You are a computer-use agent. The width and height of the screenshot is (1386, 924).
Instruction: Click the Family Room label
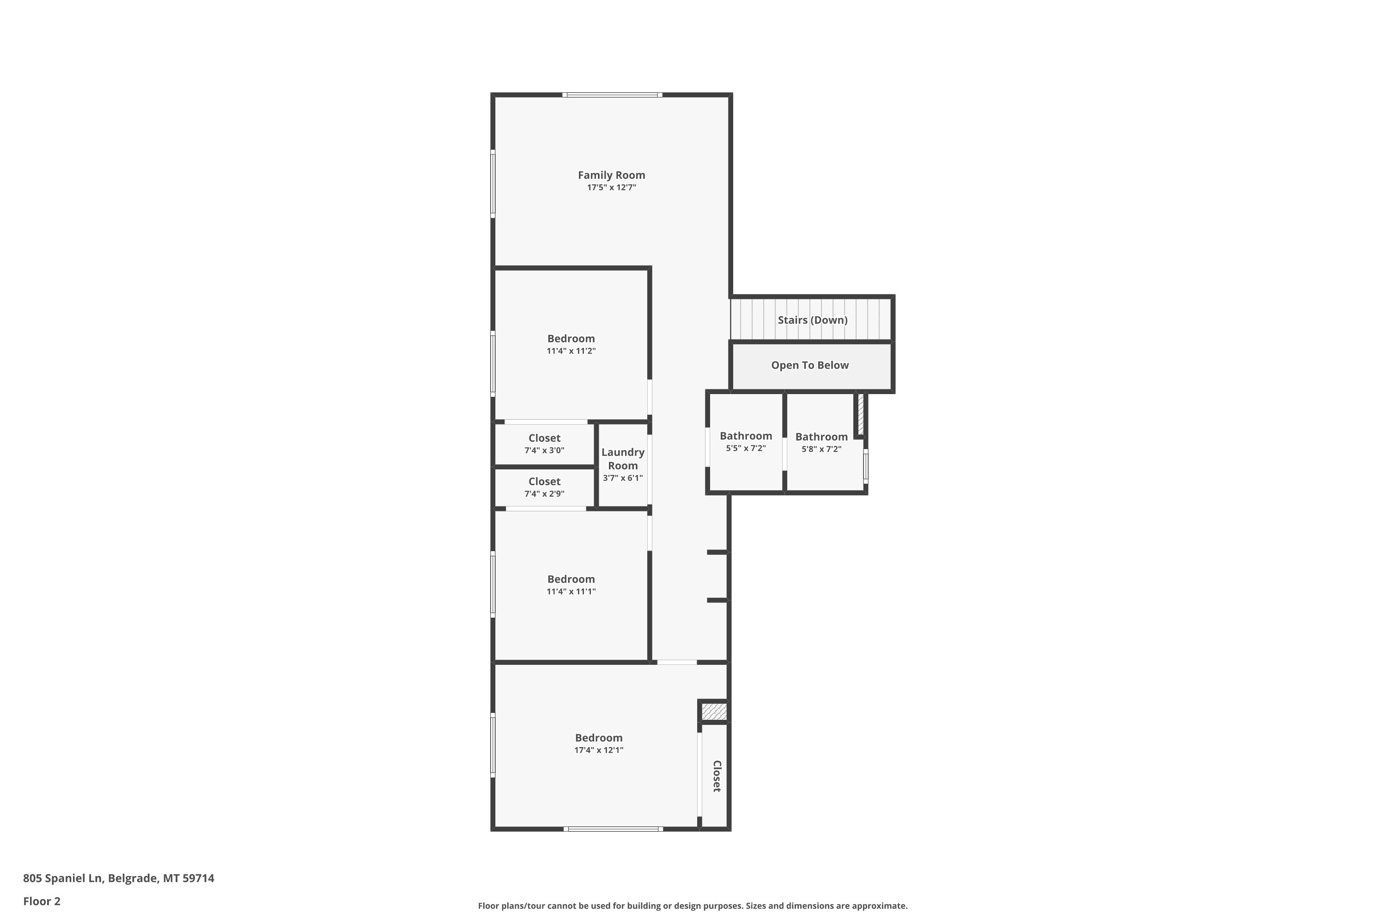tap(611, 175)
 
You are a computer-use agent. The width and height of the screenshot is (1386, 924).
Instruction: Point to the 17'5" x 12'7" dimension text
tap(611, 188)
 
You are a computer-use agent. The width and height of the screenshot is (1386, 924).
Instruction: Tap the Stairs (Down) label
tap(813, 320)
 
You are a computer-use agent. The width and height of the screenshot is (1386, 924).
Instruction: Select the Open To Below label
tap(810, 365)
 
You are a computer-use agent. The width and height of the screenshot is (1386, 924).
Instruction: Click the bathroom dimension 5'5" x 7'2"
tap(746, 449)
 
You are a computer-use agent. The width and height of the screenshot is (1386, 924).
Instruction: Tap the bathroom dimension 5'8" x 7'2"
tap(821, 449)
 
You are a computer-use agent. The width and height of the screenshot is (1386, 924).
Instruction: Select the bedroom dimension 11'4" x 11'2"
tap(571, 351)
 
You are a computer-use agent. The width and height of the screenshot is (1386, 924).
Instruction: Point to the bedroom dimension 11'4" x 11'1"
tap(571, 592)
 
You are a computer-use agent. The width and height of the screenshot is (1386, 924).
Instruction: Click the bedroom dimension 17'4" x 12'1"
tap(599, 750)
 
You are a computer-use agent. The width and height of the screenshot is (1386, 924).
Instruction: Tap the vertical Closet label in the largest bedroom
tap(717, 776)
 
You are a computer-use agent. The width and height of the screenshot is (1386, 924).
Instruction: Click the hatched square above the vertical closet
tap(714, 711)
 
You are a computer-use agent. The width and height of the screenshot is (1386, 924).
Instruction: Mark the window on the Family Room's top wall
tap(612, 95)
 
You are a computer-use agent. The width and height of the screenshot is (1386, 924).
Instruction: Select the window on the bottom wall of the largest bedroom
tap(613, 829)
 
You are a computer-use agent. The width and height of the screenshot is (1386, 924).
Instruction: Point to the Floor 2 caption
tap(42, 901)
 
